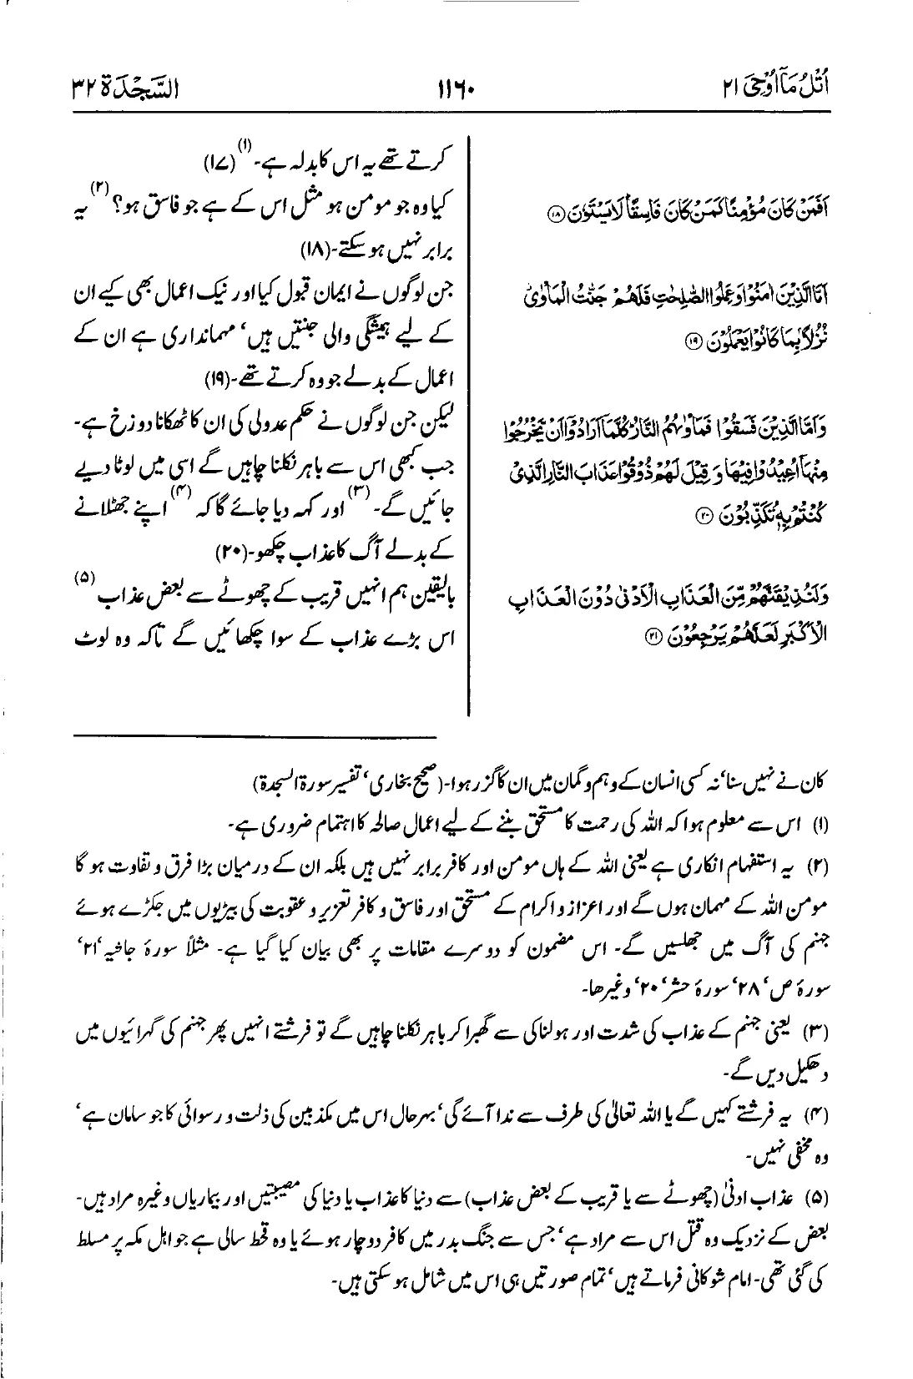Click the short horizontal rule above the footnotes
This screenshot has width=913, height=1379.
tap(255, 735)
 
